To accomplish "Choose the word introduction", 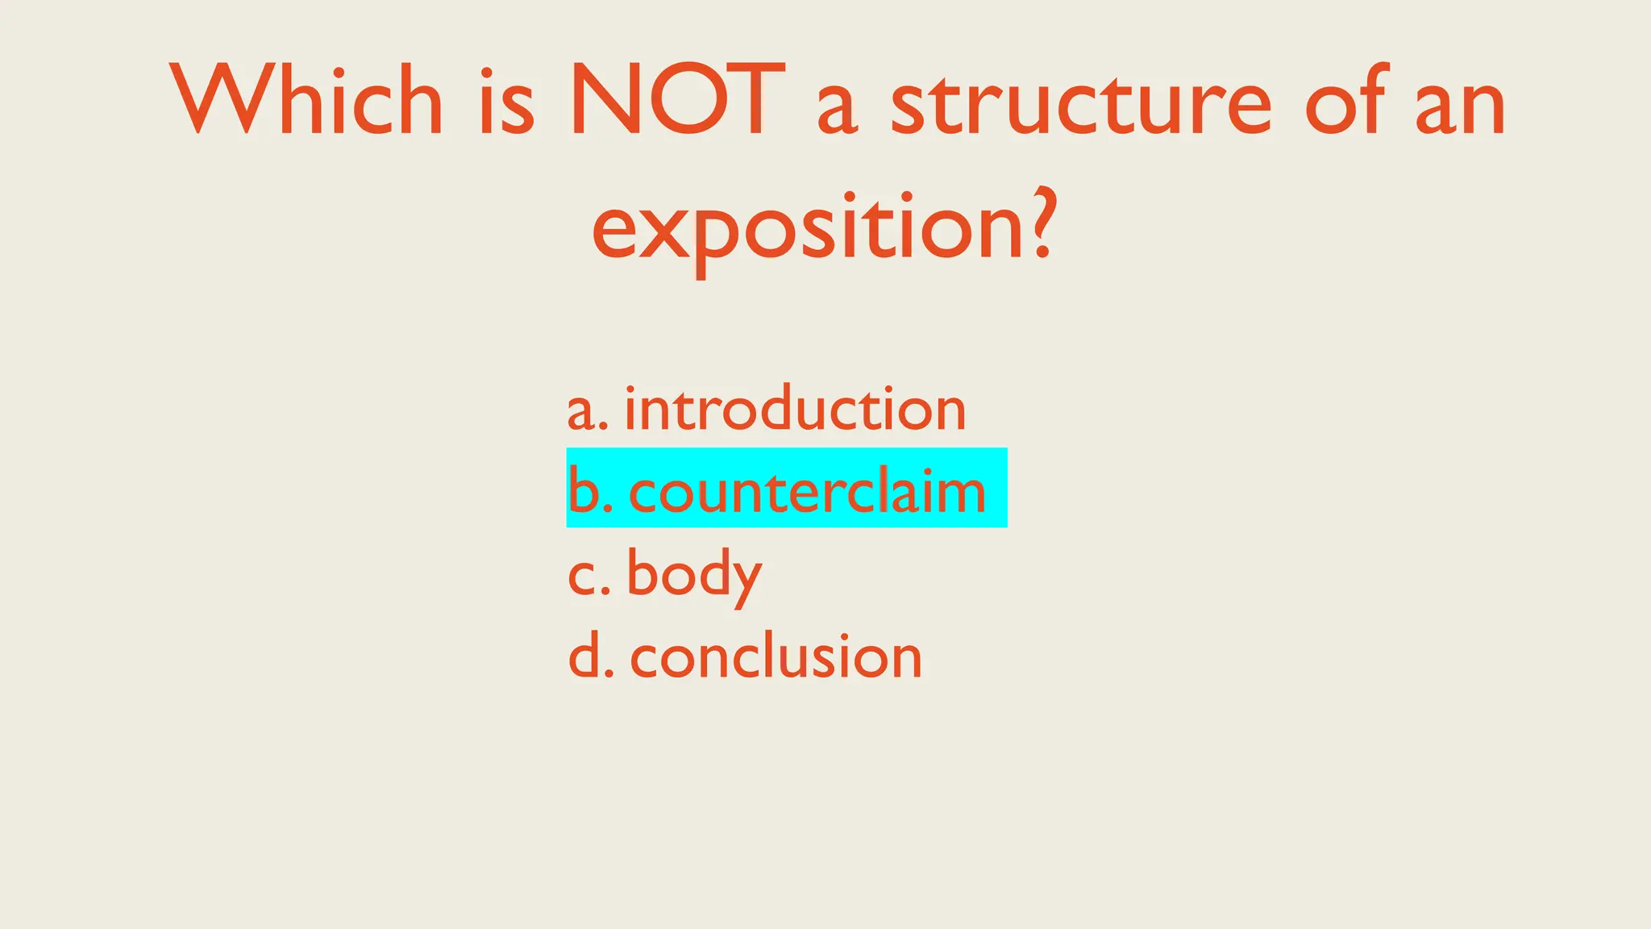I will tap(795, 408).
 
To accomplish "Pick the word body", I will tap(694, 573).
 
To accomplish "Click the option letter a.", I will tap(580, 411).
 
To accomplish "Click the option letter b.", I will tap(583, 489).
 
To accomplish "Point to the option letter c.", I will tap(582, 577).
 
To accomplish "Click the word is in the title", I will tap(506, 101).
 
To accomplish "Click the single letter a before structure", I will tap(838, 109).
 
